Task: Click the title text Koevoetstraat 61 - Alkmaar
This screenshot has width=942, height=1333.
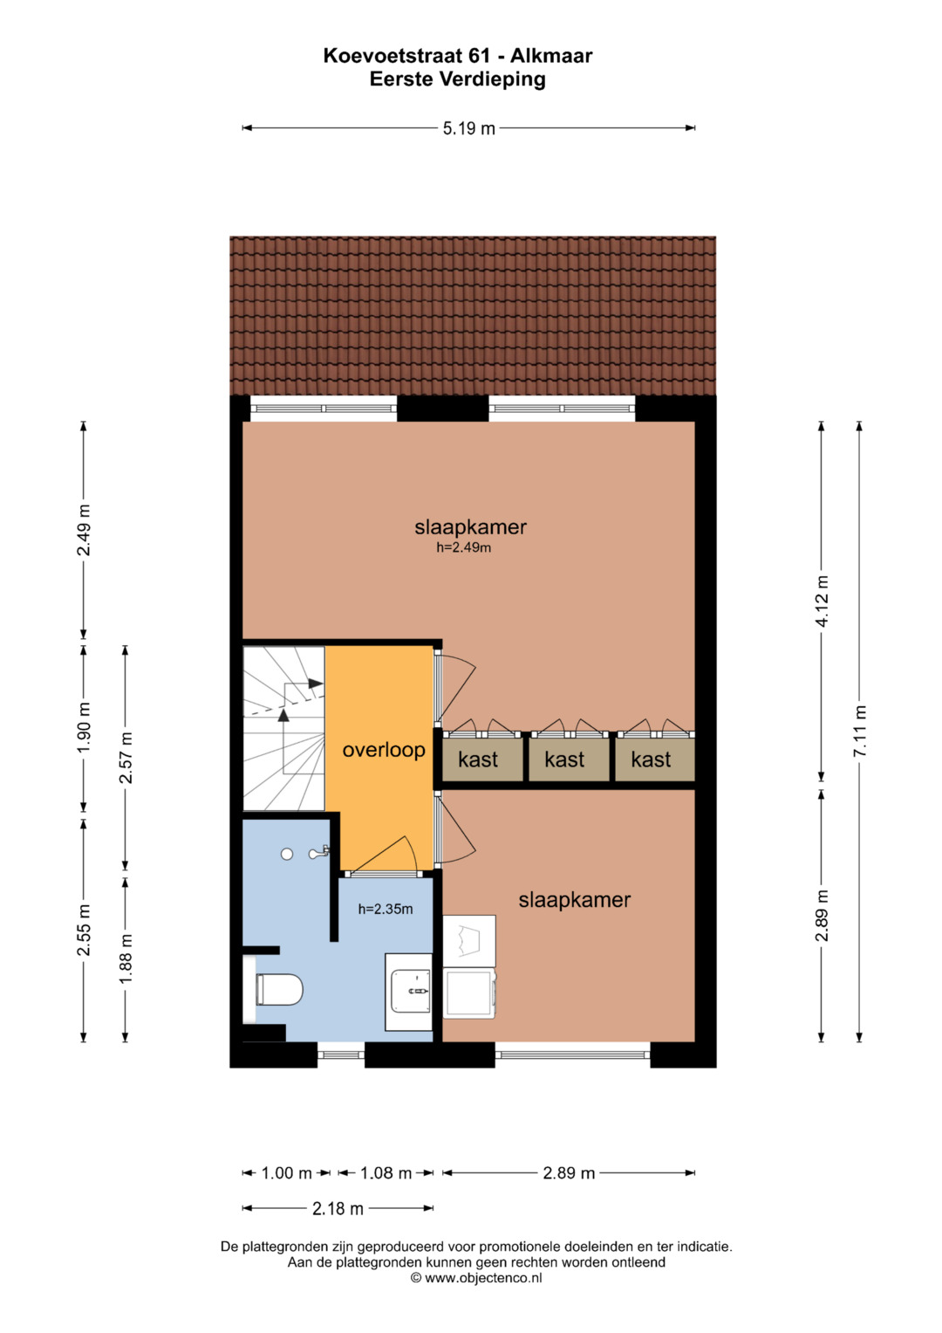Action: pos(457,56)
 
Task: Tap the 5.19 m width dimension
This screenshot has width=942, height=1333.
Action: pos(468,128)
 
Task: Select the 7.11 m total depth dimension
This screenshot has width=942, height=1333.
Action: pos(859,732)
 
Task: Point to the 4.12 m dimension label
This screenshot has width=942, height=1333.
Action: pos(822,601)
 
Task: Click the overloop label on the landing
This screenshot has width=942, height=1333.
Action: pos(384,750)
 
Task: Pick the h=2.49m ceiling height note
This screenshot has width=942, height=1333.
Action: pos(464,547)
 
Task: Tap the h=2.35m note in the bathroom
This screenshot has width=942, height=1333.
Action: pos(386,909)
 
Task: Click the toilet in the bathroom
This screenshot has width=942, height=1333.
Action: pos(278,989)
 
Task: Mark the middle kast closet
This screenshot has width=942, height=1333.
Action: pos(568,759)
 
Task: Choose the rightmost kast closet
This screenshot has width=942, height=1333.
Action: pos(654,759)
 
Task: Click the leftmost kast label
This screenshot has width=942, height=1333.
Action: pos(478,759)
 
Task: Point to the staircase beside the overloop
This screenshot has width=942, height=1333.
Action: pos(283,728)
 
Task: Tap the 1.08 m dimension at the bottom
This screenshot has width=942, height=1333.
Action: pos(386,1173)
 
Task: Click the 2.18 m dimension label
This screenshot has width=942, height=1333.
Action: pos(338,1209)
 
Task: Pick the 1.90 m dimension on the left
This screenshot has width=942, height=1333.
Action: pos(83,727)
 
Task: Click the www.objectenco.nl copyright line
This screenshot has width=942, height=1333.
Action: pos(476,1278)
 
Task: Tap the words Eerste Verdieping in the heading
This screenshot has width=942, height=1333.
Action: pos(457,79)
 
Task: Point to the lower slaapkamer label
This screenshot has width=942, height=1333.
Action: pos(575,900)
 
